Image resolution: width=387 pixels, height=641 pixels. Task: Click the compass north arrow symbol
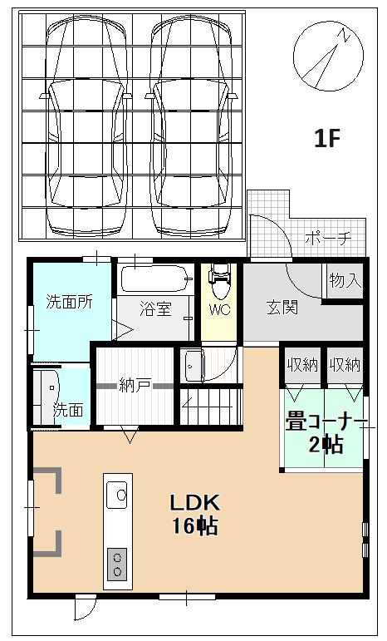[328, 56]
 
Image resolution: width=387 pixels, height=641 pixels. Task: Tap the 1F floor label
[327, 138]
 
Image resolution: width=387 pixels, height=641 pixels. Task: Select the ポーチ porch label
[328, 238]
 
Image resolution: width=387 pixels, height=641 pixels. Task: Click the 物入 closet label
[345, 280]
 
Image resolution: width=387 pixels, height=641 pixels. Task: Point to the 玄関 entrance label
[282, 308]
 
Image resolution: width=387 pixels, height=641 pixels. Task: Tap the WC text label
[219, 309]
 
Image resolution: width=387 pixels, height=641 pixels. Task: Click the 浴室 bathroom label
[155, 308]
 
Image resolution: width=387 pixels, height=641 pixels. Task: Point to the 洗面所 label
[70, 302]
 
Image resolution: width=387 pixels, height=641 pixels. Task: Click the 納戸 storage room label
[135, 385]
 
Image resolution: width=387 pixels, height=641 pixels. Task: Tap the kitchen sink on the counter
[117, 495]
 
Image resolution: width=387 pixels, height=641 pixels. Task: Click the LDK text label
[194, 503]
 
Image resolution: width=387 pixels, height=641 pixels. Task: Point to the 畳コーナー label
[326, 422]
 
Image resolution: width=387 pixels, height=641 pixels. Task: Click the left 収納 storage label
[302, 365]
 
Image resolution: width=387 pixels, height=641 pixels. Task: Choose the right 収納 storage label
[345, 365]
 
